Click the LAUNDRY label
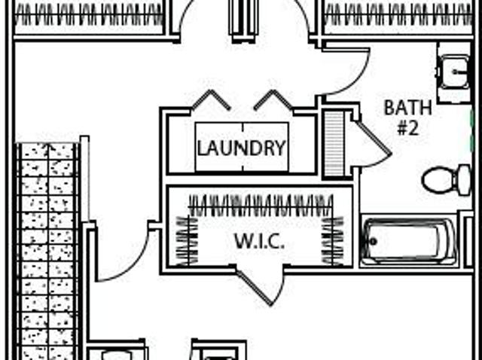[x=242, y=148]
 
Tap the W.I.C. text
[x=259, y=241]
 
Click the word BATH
[x=408, y=108]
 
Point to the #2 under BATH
[x=408, y=128]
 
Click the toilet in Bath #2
[x=447, y=180]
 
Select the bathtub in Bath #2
[x=409, y=241]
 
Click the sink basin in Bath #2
[x=453, y=72]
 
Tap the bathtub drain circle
[x=374, y=241]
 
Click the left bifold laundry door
[x=211, y=99]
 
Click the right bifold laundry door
[x=273, y=99]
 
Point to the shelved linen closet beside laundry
[x=334, y=143]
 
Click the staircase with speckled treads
[x=48, y=251]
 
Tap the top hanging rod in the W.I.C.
[x=261, y=205]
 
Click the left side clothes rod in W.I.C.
[x=187, y=240]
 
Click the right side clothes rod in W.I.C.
[x=333, y=240]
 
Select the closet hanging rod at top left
[x=89, y=15]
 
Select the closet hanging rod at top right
[x=398, y=15]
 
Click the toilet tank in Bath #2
[x=464, y=180]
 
